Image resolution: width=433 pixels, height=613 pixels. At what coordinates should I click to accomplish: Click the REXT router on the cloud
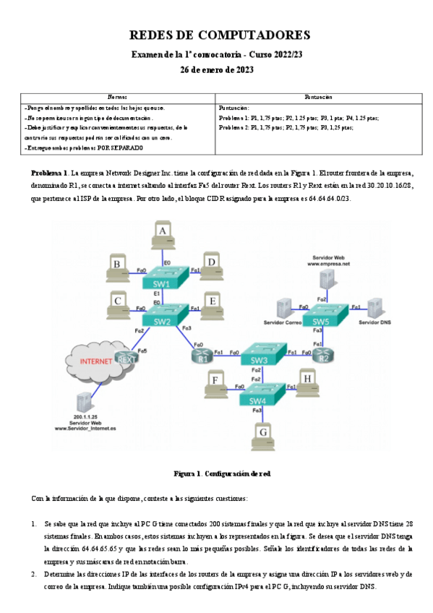point(127,359)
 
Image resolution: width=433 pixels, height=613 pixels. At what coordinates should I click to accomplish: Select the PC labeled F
point(215,381)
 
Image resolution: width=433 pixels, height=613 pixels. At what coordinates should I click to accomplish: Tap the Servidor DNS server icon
point(374,306)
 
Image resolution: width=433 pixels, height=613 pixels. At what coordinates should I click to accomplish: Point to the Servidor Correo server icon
point(283,307)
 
